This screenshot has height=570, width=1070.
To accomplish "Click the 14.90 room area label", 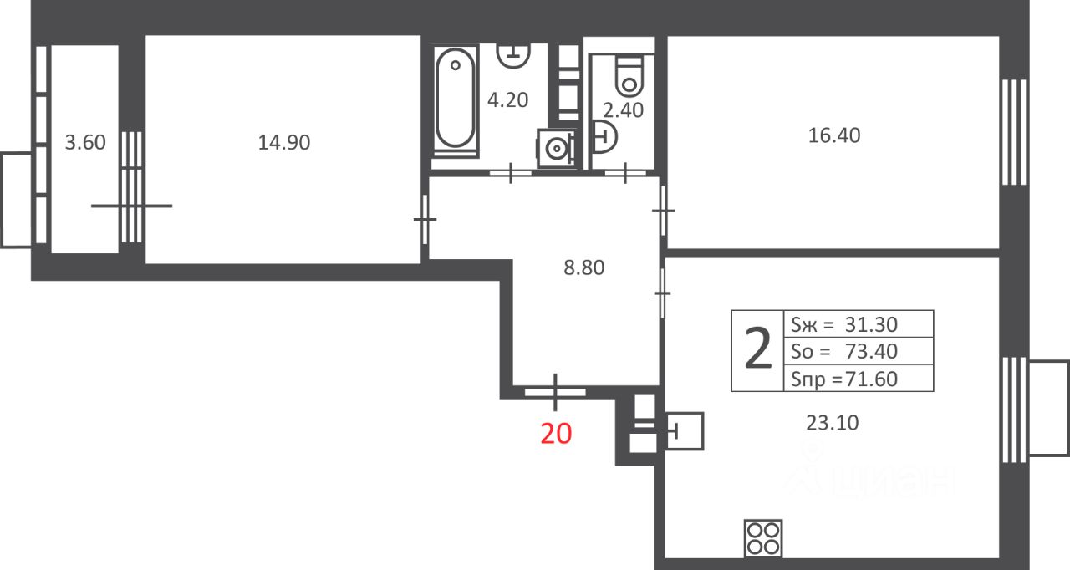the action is (x=284, y=142).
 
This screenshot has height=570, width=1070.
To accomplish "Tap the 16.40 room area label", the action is (x=834, y=135).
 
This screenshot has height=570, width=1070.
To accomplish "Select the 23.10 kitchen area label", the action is (x=832, y=423).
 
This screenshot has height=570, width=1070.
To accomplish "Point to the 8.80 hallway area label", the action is (x=583, y=267).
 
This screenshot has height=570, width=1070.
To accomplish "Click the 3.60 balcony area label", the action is (x=85, y=142).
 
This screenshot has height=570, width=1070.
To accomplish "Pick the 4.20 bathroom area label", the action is (x=507, y=100).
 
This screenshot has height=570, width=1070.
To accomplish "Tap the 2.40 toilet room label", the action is (x=623, y=110).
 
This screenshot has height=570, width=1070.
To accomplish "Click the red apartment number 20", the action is (x=556, y=434).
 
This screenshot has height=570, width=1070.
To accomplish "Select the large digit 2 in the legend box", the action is (x=758, y=349).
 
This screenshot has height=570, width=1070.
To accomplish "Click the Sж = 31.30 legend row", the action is (x=844, y=324).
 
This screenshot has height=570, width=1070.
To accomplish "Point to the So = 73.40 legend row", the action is (x=844, y=351).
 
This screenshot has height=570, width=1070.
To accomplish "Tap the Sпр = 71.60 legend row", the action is (x=844, y=379).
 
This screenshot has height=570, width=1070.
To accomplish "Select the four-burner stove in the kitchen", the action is (x=763, y=538).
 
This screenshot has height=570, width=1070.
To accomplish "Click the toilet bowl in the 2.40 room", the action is (x=629, y=76).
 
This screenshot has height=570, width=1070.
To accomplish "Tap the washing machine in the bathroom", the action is (x=556, y=149).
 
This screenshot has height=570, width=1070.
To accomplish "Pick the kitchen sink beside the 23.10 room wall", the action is (x=685, y=431).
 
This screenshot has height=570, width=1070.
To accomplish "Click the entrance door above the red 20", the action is (x=555, y=393).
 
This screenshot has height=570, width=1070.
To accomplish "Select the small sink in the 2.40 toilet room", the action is (x=604, y=137).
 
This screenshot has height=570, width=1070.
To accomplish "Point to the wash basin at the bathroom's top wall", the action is (x=513, y=55).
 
